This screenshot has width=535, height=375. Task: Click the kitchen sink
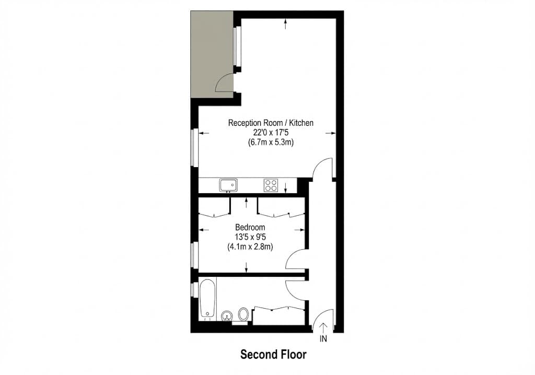pyautogui.click(x=228, y=184)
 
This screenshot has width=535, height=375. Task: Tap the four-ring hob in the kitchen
pyautogui.click(x=271, y=185)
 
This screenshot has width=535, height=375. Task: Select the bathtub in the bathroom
pyautogui.click(x=207, y=298)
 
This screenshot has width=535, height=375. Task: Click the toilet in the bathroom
pyautogui.click(x=243, y=314)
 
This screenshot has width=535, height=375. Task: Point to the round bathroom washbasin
pyautogui.click(x=227, y=315)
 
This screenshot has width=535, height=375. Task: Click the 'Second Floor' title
pyautogui.click(x=273, y=354)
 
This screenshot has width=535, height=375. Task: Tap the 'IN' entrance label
pyautogui.click(x=324, y=338)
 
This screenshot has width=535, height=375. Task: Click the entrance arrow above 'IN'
pyautogui.click(x=324, y=327)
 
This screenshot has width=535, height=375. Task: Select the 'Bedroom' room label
pyautogui.click(x=250, y=227)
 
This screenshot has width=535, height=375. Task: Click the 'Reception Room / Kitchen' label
pyautogui.click(x=271, y=123)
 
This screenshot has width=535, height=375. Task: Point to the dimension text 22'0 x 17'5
pyautogui.click(x=271, y=133)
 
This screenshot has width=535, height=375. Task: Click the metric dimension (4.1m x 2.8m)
pyautogui.click(x=250, y=247)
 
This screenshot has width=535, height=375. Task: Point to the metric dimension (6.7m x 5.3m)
pyautogui.click(x=271, y=143)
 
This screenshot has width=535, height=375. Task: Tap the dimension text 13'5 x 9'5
pyautogui.click(x=250, y=237)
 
